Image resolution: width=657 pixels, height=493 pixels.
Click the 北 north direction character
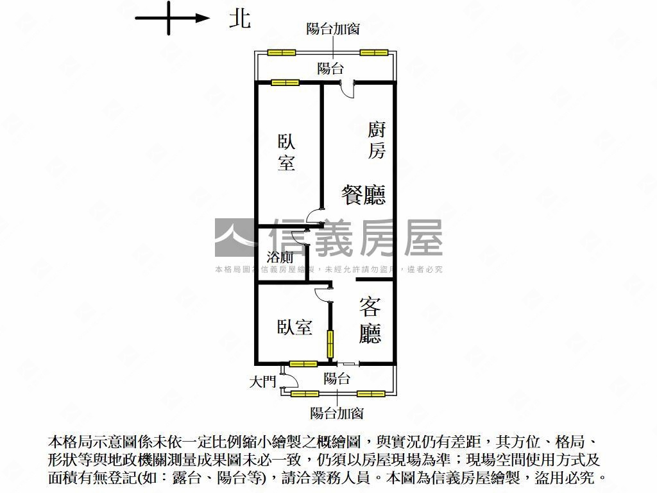click(x=240, y=19)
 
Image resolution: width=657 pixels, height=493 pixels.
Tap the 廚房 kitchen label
click(x=376, y=141)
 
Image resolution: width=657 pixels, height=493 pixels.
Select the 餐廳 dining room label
click(x=363, y=195)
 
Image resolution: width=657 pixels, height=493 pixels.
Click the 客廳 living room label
click(x=370, y=320)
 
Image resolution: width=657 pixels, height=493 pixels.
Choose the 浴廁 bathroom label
click(x=280, y=257)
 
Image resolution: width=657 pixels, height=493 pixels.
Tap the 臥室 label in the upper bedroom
click(x=287, y=152)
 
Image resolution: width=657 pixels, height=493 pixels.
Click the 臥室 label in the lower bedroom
click(x=294, y=327)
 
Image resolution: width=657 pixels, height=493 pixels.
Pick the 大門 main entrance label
click(x=262, y=381)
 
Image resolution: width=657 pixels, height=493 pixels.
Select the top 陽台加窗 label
click(x=333, y=29)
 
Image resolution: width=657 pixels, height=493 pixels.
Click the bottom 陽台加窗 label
click(x=336, y=413)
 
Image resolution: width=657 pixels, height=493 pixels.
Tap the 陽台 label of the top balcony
click(x=330, y=68)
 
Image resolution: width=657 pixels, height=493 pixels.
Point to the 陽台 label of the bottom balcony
click(x=337, y=379)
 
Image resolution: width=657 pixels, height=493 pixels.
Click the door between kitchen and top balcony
click(x=347, y=89)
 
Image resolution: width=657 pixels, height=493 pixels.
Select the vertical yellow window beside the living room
click(x=330, y=344)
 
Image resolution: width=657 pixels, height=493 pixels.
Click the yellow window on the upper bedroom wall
click(x=285, y=83)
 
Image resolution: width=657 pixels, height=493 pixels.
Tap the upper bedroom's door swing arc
click(x=313, y=216)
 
